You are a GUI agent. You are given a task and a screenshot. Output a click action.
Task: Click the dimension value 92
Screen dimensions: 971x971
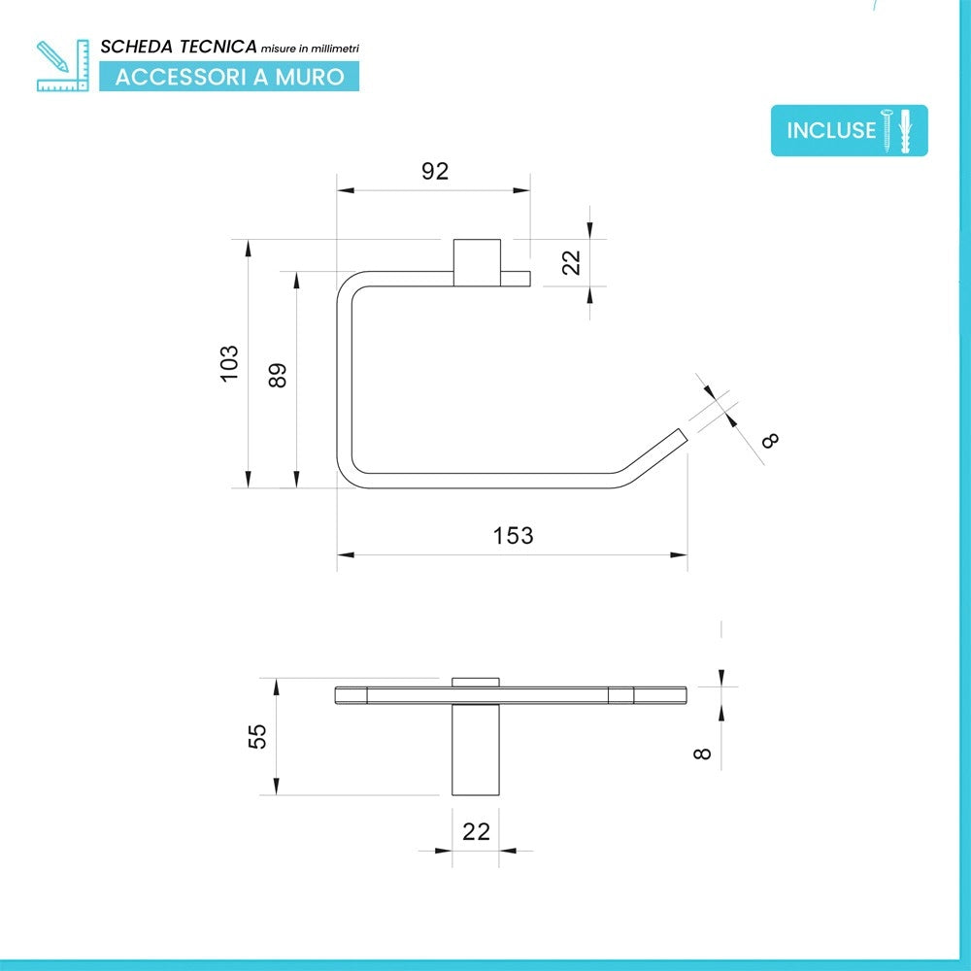[x=435, y=171]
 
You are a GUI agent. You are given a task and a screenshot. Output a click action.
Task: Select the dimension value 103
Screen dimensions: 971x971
[x=229, y=363]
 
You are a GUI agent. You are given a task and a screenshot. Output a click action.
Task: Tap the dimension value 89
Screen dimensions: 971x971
[x=278, y=375]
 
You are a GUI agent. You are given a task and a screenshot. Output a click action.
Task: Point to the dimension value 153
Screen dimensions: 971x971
[x=513, y=535]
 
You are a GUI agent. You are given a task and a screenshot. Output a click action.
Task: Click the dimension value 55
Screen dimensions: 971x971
[x=257, y=736]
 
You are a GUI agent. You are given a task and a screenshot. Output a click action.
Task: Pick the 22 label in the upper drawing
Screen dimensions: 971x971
[x=571, y=262]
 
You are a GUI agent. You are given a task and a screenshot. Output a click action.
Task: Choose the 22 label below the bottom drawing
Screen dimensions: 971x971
[x=476, y=831]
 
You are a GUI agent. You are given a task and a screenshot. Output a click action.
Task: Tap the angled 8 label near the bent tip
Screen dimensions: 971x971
[x=770, y=440]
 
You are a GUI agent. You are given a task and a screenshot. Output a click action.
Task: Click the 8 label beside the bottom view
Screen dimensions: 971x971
[x=702, y=753]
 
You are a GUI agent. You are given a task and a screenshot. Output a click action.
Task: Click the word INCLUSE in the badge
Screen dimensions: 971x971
[x=831, y=131]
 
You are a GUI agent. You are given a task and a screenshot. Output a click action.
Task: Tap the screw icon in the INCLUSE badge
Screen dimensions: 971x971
[x=887, y=130]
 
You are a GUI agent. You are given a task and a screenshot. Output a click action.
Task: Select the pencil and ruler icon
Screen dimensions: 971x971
[x=62, y=66]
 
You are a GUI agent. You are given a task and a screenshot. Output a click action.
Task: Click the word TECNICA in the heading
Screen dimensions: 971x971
[x=218, y=47]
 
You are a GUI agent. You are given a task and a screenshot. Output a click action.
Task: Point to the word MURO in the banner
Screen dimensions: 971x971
[x=310, y=77]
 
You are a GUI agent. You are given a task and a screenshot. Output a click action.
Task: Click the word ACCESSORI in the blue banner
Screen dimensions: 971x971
[x=181, y=77]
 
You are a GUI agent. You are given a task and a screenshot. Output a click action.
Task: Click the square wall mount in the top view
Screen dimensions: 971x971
[x=477, y=262]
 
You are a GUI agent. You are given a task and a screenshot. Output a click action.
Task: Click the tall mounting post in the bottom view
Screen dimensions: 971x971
[x=476, y=750]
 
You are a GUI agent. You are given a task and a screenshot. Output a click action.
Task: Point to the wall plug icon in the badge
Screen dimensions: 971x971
[x=905, y=130]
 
